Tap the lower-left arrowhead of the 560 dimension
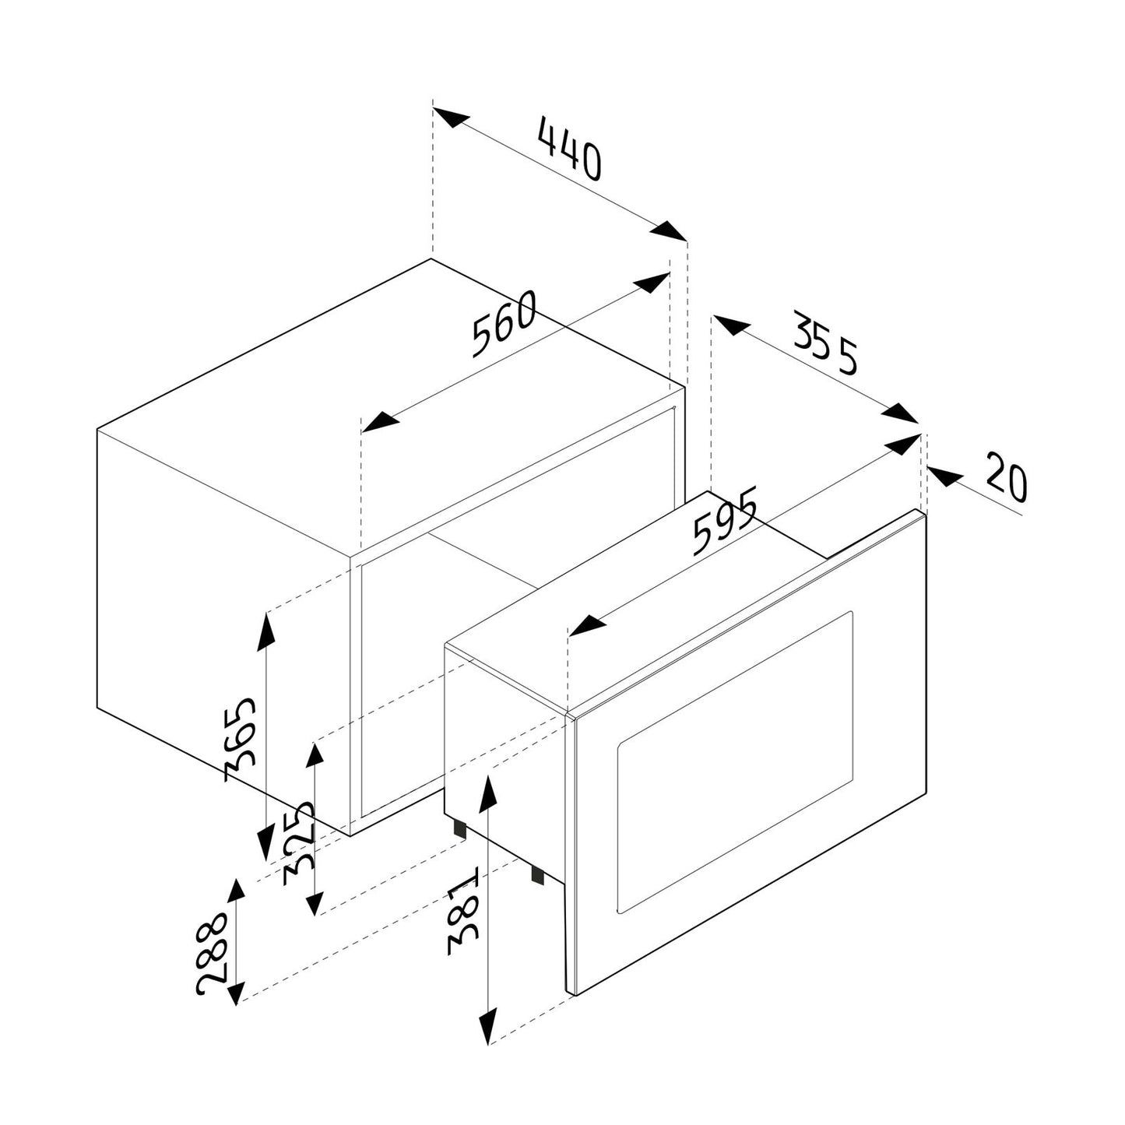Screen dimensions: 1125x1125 (379, 422)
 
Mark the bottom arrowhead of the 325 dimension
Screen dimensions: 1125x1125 (314, 903)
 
